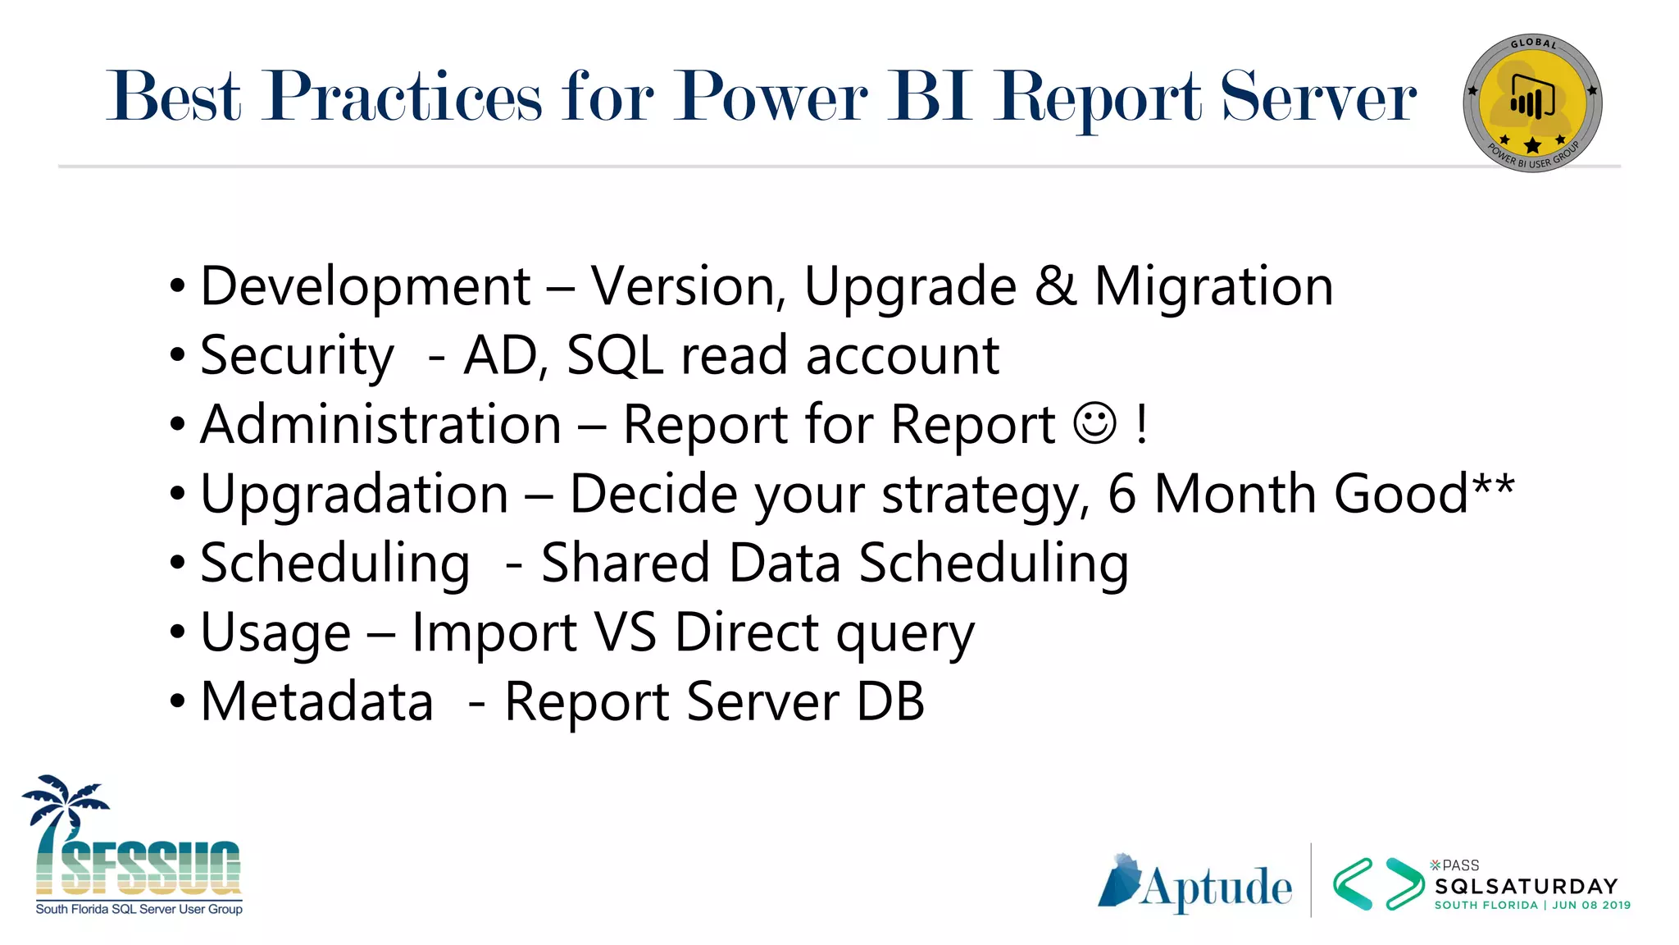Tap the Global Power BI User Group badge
tap(1531, 103)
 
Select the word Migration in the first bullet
tap(1213, 287)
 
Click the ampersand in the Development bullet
tap(1055, 287)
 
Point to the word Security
tap(297, 357)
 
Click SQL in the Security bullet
tap(615, 357)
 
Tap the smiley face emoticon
tap(1094, 423)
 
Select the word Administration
tap(381, 425)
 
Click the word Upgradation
tap(354, 495)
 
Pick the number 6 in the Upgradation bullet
tap(1122, 494)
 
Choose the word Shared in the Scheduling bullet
tap(626, 564)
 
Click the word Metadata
tap(316, 702)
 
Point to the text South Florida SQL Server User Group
tap(139, 909)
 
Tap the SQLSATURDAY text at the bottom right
tap(1526, 887)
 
